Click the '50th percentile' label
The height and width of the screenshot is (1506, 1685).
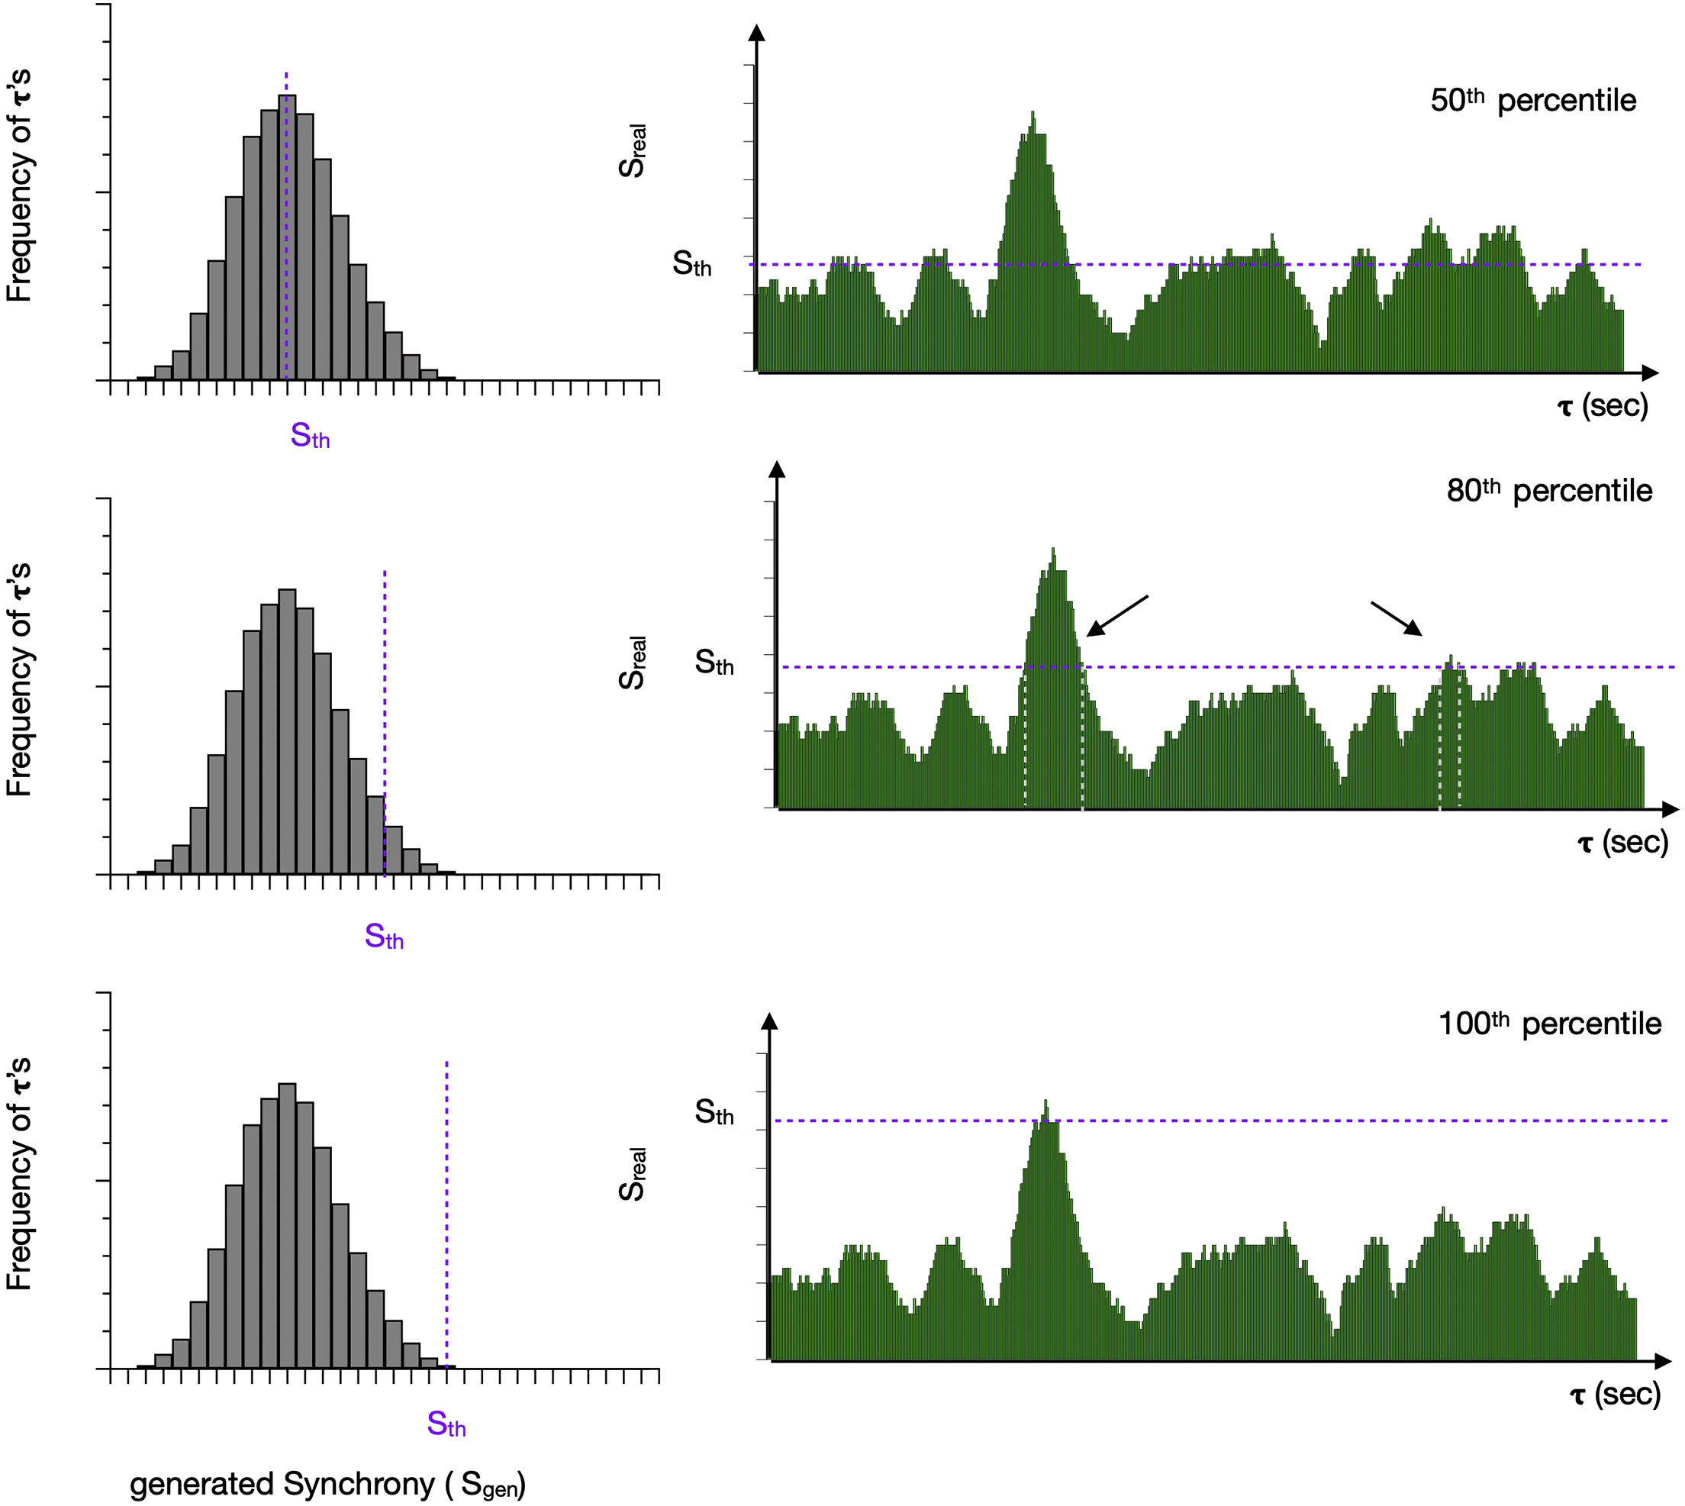pyautogui.click(x=1533, y=100)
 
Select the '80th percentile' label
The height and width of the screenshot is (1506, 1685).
pyautogui.click(x=1548, y=491)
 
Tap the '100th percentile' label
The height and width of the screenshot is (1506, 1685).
pyautogui.click(x=1549, y=1024)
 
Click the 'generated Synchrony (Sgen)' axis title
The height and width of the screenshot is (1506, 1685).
pyautogui.click(x=327, y=1484)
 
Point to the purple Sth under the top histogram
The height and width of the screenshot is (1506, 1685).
pyautogui.click(x=310, y=435)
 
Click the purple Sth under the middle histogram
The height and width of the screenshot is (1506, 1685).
pyautogui.click(x=384, y=936)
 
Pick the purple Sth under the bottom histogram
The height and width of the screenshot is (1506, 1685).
pyautogui.click(x=446, y=1424)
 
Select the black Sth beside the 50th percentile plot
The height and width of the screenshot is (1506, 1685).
pyautogui.click(x=691, y=264)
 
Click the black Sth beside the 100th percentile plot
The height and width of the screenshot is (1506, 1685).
pyautogui.click(x=714, y=1112)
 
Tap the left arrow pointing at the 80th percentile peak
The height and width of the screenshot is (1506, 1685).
pyautogui.click(x=1116, y=617)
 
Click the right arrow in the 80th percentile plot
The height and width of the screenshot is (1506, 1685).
pyautogui.click(x=1397, y=619)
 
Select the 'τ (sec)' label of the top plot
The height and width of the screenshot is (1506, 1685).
pyautogui.click(x=1603, y=406)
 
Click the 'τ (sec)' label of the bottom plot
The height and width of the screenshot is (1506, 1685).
pyautogui.click(x=1615, y=1395)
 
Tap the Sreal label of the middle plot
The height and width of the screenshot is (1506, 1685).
pyautogui.click(x=632, y=663)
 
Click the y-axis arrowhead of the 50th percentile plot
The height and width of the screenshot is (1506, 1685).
pyautogui.click(x=756, y=32)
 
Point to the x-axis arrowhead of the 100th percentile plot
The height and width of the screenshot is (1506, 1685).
pyautogui.click(x=1664, y=1360)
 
